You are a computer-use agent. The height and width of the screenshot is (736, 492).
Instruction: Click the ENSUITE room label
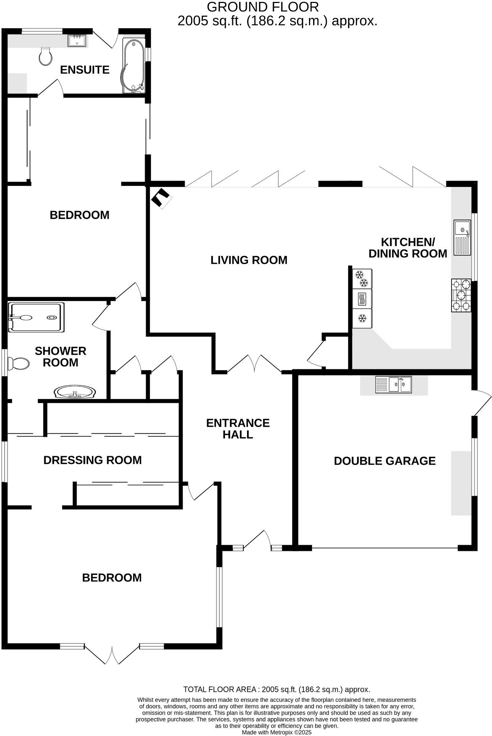pos(85,70)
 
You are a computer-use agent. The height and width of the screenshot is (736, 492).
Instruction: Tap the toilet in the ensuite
pos(46,56)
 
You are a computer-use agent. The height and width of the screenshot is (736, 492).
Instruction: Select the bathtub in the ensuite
pos(133,66)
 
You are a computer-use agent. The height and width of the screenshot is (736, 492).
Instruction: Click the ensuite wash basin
pos(77,40)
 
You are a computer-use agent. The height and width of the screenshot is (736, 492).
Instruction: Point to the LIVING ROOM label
pos(249,260)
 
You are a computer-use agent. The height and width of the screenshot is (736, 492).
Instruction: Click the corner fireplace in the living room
pos(162,198)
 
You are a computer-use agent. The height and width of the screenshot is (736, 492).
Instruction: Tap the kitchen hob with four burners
pos(461,296)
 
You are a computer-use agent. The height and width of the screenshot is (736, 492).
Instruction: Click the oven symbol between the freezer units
pos(362,299)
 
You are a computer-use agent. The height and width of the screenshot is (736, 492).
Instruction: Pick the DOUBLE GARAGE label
pos(384,461)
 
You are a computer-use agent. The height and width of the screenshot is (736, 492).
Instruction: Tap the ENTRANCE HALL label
pos(238,428)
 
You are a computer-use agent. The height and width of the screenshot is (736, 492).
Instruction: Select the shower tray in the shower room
pos(36,317)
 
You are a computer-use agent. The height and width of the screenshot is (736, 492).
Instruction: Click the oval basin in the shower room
pos(75,392)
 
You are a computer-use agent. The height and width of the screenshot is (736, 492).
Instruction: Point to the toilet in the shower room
pos(19,364)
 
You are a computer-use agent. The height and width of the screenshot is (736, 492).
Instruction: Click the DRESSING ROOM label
pos(93,460)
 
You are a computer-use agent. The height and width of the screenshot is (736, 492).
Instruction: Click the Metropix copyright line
pos(277,732)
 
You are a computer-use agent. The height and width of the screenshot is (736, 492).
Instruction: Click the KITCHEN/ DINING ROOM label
pos(408,248)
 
